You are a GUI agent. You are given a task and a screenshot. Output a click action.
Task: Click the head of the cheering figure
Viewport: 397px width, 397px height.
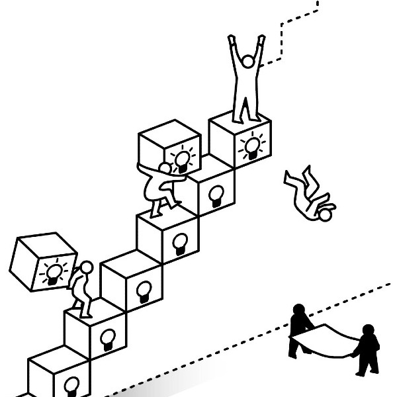coord(247,62)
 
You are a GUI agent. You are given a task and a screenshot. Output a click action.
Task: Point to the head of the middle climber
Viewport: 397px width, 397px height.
coord(165,169)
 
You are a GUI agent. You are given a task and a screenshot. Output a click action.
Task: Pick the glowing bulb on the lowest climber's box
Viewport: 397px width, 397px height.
coord(55,272)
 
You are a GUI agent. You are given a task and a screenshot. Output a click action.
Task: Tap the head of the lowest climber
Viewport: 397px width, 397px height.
coord(87,267)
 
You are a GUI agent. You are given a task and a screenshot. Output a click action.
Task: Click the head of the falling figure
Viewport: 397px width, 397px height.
coord(325,215)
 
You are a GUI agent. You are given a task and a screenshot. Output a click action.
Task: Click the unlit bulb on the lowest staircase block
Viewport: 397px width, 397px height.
coord(71,384)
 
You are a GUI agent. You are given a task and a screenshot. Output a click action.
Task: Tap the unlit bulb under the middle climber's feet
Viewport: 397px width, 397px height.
coord(179,242)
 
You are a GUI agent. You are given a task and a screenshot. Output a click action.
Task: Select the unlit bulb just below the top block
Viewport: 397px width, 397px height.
coord(216,193)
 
